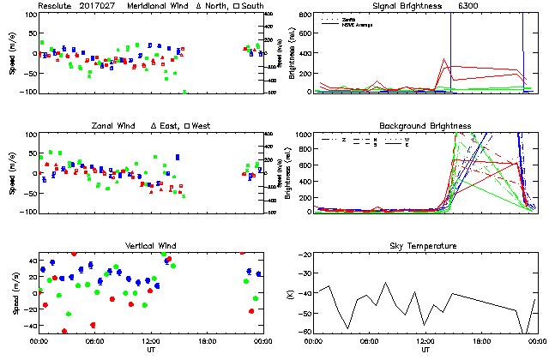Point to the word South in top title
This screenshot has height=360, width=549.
229,6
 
